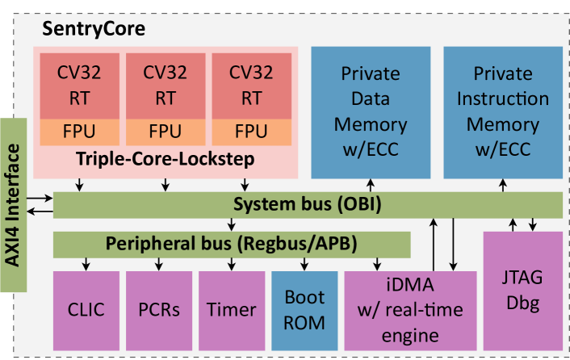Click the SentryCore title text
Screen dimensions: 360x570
tap(94, 31)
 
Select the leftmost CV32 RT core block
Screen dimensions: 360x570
tap(80, 86)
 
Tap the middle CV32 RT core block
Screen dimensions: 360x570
tap(165, 86)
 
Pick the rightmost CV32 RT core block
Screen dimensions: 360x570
tap(251, 86)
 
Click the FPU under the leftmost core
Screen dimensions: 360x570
tap(80, 131)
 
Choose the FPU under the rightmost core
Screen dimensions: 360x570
tap(251, 131)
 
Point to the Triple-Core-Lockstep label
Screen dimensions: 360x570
tap(165, 159)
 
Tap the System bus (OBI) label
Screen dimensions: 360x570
tap(307, 204)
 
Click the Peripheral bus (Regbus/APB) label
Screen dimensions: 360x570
tap(231, 242)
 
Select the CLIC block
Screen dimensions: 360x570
tap(85, 309)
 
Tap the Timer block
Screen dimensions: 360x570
tap(231, 309)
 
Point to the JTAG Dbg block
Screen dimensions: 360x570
tap(522, 291)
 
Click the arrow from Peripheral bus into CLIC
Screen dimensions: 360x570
tap(86, 262)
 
